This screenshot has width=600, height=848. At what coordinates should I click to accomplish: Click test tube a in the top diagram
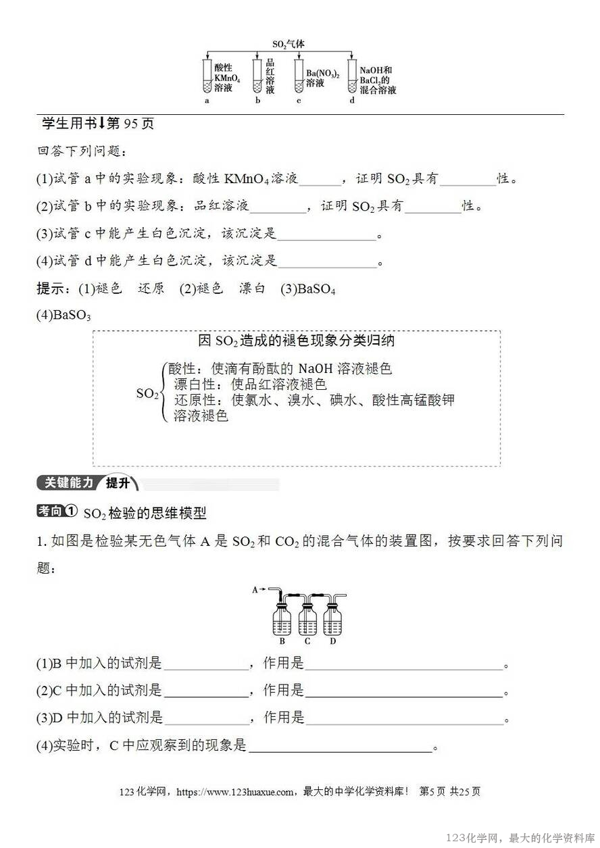coord(207,76)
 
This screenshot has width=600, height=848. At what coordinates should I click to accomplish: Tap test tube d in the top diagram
coord(351,76)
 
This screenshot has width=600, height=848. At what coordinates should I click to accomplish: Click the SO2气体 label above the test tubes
coord(289,44)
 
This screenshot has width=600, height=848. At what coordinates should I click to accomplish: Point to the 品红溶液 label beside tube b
coord(270,76)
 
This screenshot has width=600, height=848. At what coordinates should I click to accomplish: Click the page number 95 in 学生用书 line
coord(131,124)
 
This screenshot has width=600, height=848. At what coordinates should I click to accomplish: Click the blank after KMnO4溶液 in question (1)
coord(320,179)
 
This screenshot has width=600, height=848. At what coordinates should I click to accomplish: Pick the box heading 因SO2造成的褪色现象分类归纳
coord(297,341)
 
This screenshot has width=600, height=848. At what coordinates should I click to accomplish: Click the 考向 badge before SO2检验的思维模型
coord(57,512)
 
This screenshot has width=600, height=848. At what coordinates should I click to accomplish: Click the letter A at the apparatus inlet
coord(255,589)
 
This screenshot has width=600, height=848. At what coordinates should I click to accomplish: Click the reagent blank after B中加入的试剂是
coord(206,664)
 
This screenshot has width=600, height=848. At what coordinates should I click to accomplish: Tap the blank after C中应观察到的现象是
coord(341,747)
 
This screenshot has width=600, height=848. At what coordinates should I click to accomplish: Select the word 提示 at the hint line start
coord(50,289)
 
